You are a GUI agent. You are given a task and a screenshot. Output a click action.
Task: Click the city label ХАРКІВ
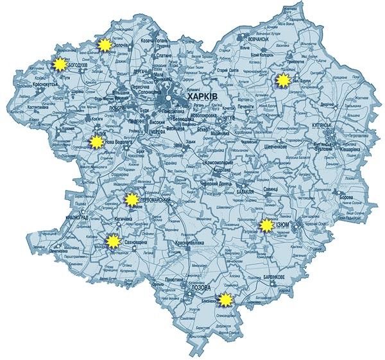(202, 96)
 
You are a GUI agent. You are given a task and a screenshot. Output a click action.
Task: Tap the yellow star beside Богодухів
(59, 64)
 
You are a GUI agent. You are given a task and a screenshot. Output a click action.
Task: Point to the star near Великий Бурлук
(282, 80)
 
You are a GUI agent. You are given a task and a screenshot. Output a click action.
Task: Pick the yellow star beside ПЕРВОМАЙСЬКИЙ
(131, 200)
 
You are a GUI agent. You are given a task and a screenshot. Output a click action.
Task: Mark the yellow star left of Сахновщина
(113, 242)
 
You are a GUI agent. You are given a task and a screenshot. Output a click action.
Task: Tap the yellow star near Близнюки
(225, 299)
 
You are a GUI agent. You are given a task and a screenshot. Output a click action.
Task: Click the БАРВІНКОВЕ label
(274, 277)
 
